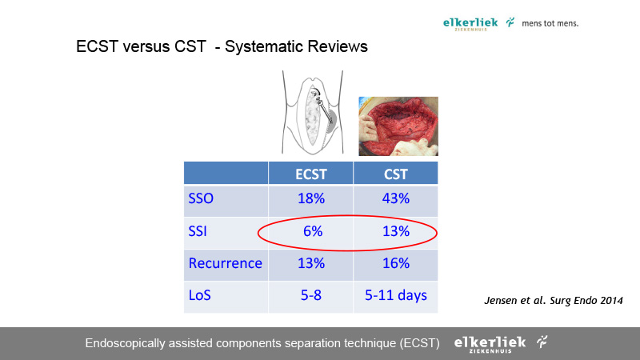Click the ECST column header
coord(311,174)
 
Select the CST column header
coord(395,174)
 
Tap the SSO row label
coord(201,198)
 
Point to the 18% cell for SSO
coord(311,198)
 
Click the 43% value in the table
coord(395,198)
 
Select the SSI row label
coord(198,231)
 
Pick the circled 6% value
coord(313,231)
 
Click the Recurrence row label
coord(226,263)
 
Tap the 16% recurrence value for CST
coord(395,263)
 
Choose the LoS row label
coord(199,295)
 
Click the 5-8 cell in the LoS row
coord(311,295)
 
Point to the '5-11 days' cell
coord(395,295)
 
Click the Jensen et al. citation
coord(554,301)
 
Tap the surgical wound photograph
coord(398,126)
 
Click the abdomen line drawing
coord(313,112)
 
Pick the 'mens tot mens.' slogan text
coord(550,24)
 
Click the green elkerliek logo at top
coord(470,24)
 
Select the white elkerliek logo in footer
coord(490,344)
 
